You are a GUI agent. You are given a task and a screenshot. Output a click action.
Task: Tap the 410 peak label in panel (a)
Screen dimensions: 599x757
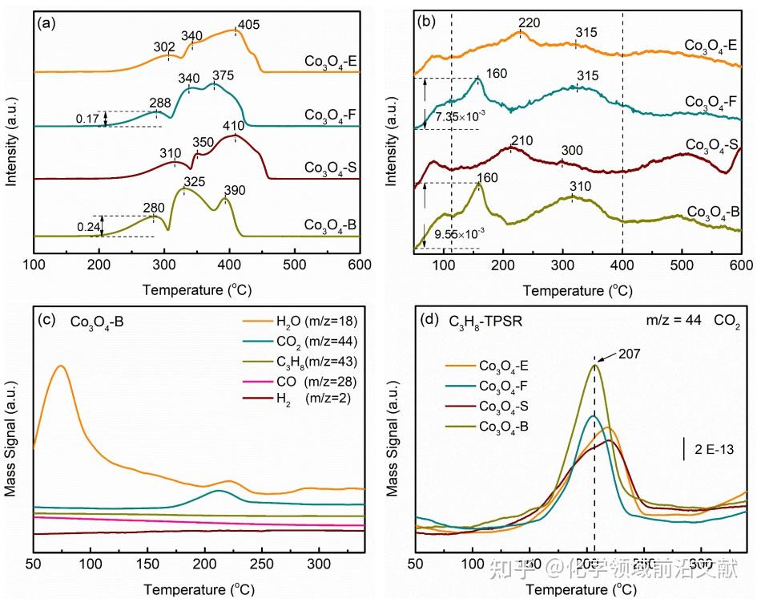pyautogui.click(x=255, y=127)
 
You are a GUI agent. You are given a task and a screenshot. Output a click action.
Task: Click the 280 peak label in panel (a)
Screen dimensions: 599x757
pyautogui.click(x=154, y=208)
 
